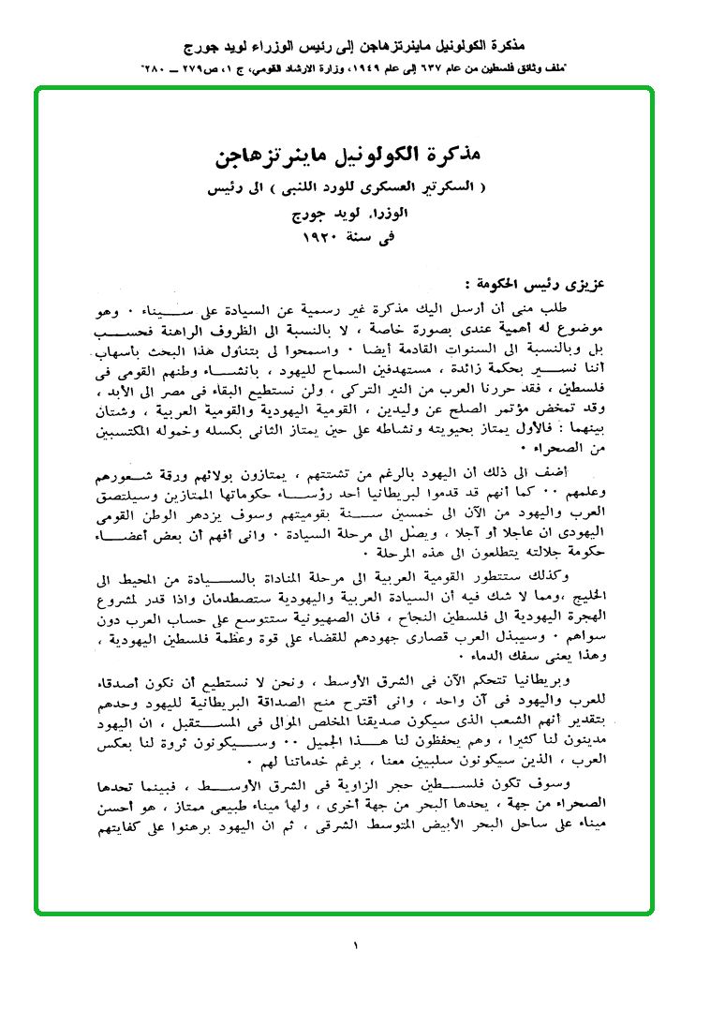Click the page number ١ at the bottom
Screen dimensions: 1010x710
(x=356, y=945)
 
